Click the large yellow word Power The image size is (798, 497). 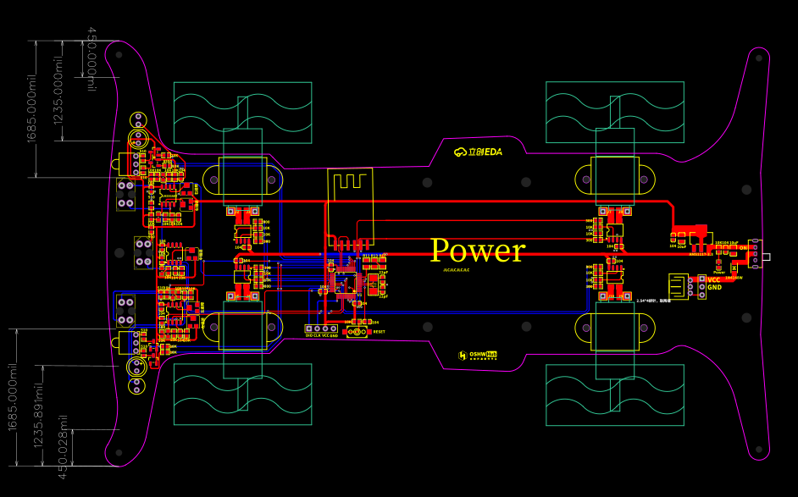click(x=477, y=251)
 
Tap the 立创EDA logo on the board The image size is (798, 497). click(x=479, y=152)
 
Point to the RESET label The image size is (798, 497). click(x=379, y=332)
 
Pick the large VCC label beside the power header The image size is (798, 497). click(x=714, y=279)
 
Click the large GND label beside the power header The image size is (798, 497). click(x=715, y=287)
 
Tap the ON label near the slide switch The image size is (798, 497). click(x=743, y=248)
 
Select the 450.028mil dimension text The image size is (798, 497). click(x=63, y=446)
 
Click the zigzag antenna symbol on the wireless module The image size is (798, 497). click(x=350, y=181)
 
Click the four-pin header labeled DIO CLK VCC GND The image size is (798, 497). click(x=322, y=329)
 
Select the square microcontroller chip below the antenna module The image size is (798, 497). click(x=346, y=280)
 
